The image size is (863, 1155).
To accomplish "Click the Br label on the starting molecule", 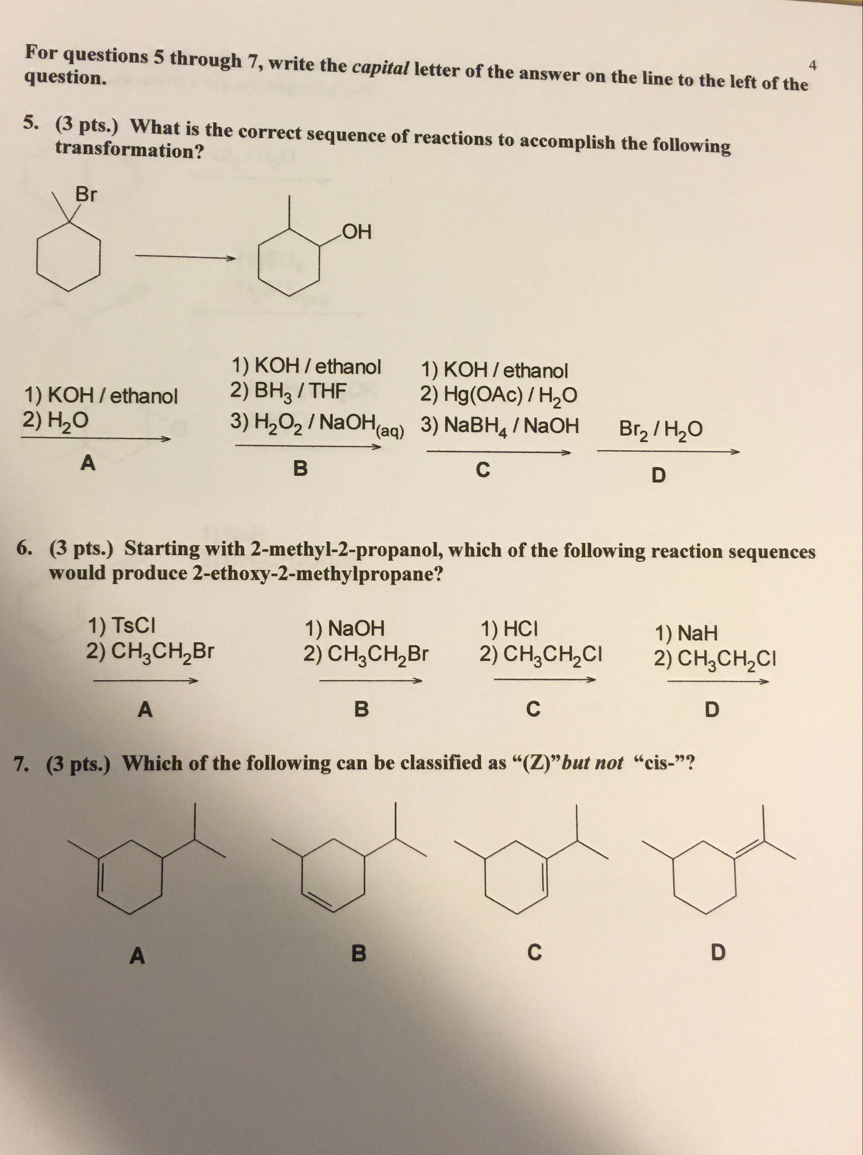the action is tap(86, 195).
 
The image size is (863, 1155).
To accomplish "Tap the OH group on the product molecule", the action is tap(357, 231).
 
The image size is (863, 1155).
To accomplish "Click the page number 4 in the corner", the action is tap(813, 65).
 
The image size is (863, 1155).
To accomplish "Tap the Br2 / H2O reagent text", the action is tap(661, 429).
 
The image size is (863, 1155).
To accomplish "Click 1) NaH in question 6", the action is tap(686, 633).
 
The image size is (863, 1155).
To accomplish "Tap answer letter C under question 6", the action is tap(533, 709).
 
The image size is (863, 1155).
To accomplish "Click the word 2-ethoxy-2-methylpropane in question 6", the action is tap(313, 574).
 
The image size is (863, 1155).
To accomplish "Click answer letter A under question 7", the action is tap(137, 956).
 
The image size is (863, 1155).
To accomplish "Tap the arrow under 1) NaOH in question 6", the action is tap(370, 680).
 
